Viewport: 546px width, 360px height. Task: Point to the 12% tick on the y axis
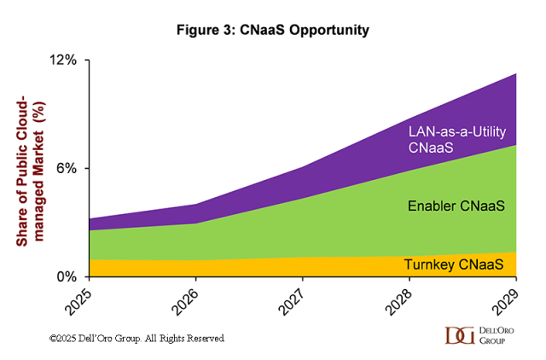67,61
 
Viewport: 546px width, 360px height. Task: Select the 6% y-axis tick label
70,168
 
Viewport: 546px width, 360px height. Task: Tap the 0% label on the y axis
70,276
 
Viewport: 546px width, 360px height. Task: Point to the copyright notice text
136,339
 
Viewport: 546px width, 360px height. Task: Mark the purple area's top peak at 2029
516,74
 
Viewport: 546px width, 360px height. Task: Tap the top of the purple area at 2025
89,218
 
